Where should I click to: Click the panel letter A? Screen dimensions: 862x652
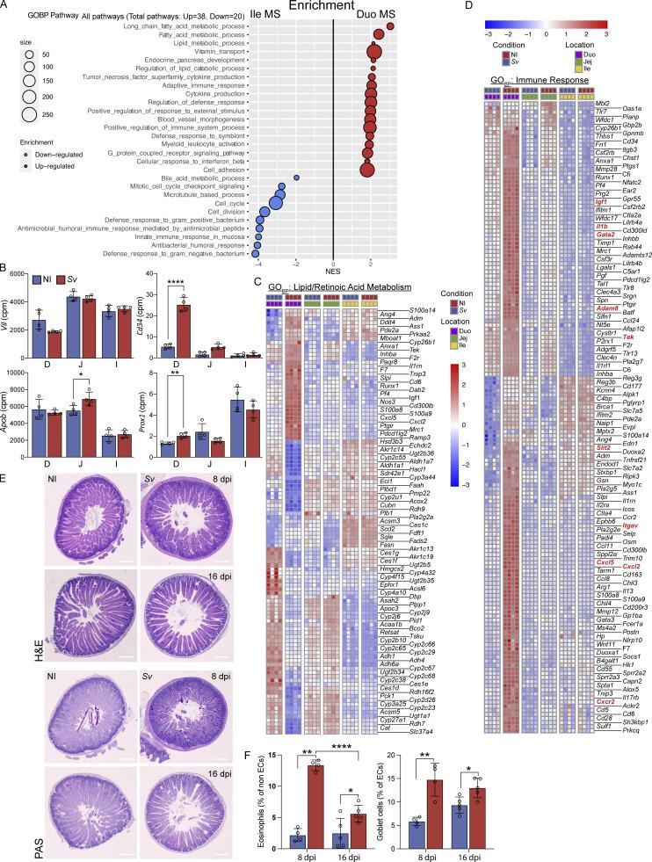pos(6,7)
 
